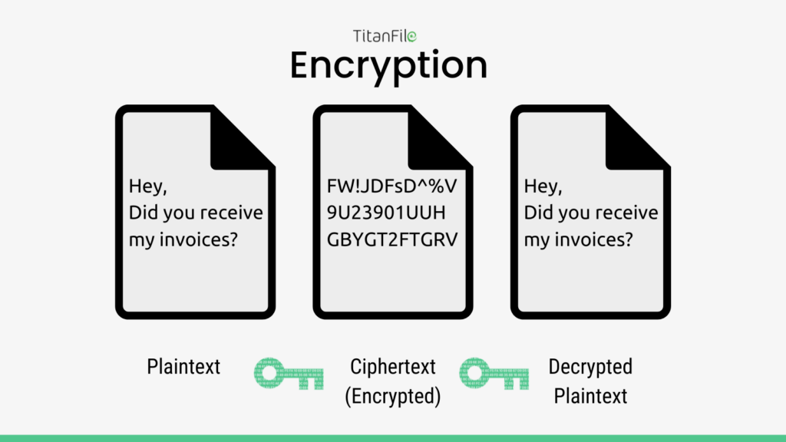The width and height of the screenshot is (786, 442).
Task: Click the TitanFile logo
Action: (385, 36)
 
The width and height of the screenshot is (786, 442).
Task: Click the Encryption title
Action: (388, 66)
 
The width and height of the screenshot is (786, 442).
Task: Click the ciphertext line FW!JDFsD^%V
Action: (392, 186)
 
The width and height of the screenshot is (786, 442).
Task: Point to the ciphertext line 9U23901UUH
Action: (386, 213)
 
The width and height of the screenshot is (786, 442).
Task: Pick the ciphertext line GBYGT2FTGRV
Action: (392, 239)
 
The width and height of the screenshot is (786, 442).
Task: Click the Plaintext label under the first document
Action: (183, 367)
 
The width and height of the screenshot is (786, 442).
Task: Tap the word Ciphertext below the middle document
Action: (393, 367)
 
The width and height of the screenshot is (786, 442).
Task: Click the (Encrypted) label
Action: (393, 397)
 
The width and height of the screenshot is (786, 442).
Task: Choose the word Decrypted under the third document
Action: (590, 367)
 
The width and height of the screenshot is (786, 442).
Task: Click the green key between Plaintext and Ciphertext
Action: (289, 374)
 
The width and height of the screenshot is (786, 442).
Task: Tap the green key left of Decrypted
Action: (494, 374)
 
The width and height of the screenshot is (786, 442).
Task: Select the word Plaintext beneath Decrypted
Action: (590, 397)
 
